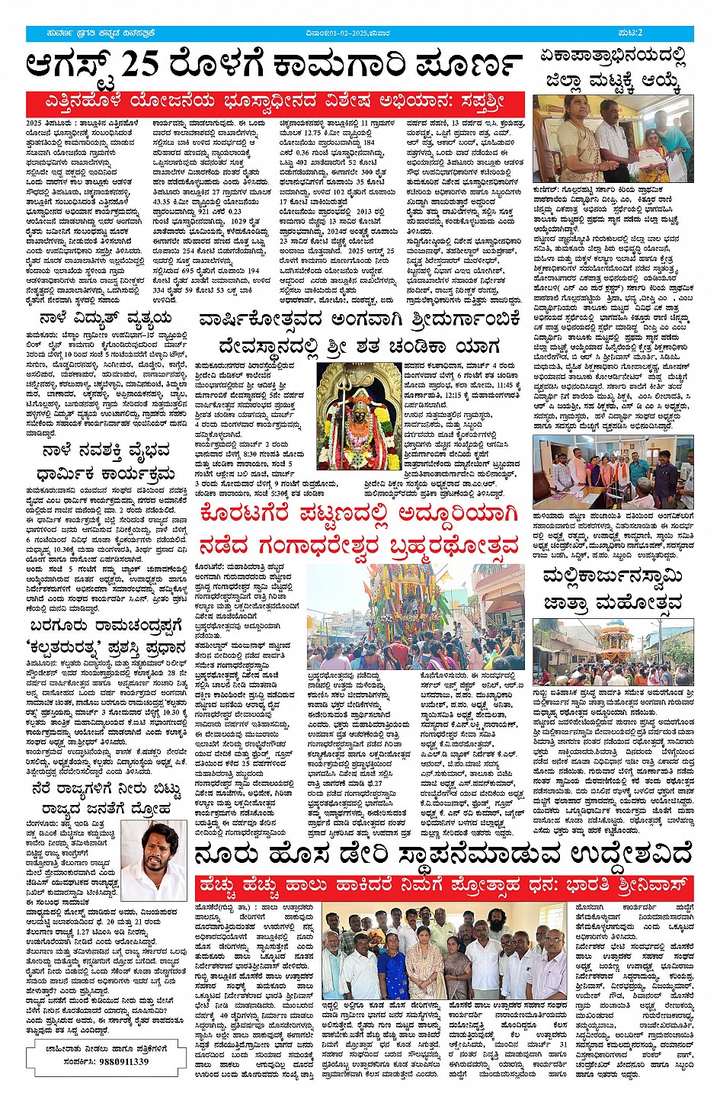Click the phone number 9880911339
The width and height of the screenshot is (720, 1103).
[x=121, y=1061]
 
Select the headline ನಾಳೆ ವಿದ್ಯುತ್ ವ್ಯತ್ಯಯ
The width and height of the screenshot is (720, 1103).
[x=107, y=317]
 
